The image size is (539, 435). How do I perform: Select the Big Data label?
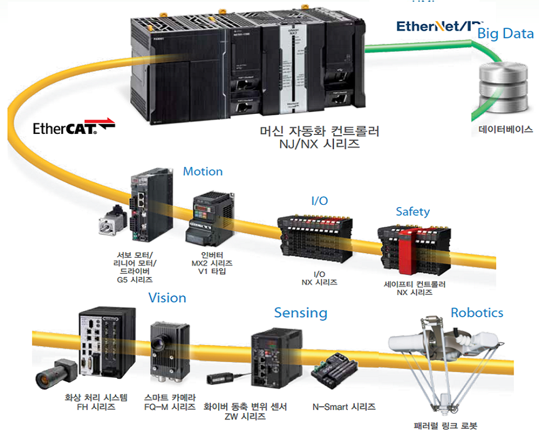tap(505, 33)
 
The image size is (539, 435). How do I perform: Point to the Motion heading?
tap(203, 171)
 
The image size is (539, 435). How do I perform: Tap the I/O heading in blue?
tap(319, 201)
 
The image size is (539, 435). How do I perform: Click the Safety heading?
tap(412, 212)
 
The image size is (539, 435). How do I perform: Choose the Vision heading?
tap(168, 298)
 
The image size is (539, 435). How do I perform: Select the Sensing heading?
tap(300, 313)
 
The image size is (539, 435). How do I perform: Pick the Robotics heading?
tap(477, 313)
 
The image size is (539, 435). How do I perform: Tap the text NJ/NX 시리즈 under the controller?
tap(319, 144)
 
